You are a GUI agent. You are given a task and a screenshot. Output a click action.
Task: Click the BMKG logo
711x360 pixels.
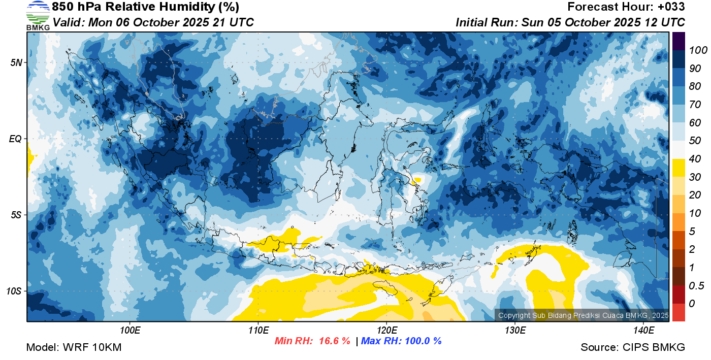coord(38,15)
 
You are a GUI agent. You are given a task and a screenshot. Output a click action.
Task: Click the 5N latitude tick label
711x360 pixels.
coord(16,62)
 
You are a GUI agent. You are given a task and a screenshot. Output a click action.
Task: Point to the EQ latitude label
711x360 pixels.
coord(15,139)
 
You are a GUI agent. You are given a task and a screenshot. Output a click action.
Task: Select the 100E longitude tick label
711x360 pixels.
coord(130,331)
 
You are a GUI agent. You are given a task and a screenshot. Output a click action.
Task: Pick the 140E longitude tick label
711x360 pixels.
coord(643,331)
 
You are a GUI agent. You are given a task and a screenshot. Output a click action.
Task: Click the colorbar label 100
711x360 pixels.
coord(698,50)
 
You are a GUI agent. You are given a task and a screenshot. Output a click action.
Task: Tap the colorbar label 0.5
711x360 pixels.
coord(696,286)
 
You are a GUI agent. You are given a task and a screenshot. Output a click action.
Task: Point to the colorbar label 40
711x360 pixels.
coord(695,159)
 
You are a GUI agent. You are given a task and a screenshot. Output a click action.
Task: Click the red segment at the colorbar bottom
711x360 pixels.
coord(678,312)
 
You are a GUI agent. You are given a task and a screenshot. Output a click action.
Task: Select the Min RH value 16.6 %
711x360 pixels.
coord(335,341)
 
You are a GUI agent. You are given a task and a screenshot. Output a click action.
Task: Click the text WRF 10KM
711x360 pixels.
coord(92,347)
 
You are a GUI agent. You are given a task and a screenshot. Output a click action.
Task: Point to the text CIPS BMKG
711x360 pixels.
coord(654,347)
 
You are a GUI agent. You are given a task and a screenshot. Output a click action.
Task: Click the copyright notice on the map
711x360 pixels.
coord(583,315)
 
